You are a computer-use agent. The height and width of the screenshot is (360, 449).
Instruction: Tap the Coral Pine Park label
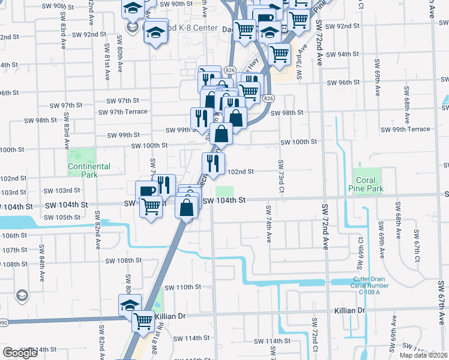click(x=366, y=184)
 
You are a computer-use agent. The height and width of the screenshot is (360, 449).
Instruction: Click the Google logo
click(x=20, y=353)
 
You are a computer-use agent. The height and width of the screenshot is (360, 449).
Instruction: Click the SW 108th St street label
click(x=123, y=261)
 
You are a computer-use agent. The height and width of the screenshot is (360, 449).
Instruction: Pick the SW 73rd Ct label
click(x=280, y=176)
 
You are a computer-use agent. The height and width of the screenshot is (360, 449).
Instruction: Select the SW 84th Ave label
click(x=43, y=259)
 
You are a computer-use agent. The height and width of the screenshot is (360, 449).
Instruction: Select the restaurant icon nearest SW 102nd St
click(x=212, y=162)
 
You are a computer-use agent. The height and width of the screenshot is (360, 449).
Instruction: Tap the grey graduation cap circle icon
click(x=22, y=295)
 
